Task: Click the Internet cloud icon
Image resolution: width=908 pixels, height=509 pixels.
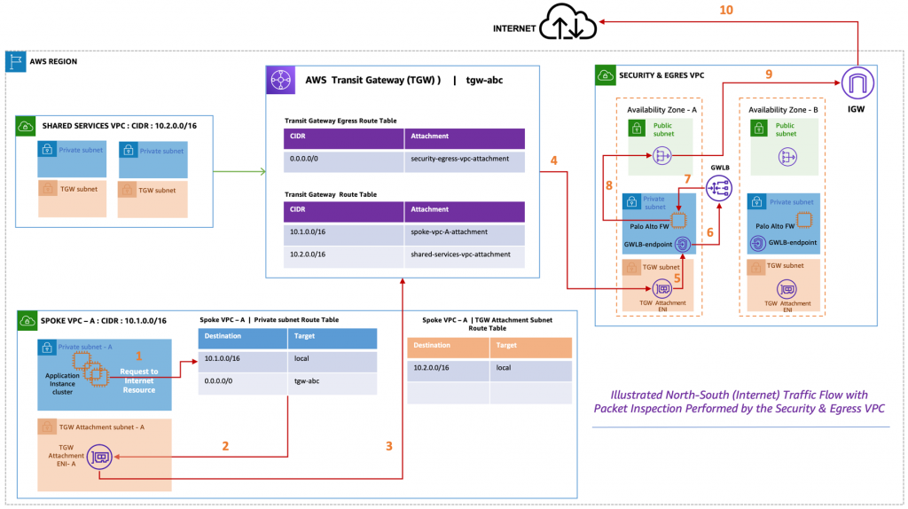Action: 569,22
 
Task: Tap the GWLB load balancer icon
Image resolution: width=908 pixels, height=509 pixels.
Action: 718,188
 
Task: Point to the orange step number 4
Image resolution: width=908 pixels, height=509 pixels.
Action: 553,161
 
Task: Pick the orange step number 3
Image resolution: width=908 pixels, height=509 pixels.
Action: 389,446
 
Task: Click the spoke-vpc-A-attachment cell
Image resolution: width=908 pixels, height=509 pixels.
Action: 450,231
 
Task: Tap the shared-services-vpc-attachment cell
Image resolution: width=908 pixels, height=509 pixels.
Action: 460,254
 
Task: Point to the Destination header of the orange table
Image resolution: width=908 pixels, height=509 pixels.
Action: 432,344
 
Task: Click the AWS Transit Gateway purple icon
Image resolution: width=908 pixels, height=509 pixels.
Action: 282,80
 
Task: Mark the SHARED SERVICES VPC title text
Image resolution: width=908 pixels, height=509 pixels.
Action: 105,126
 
